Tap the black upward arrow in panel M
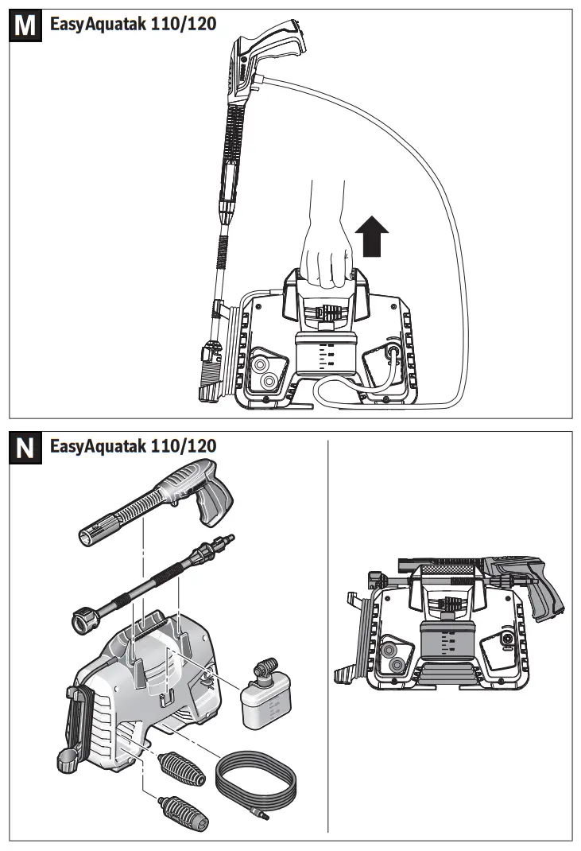[x=371, y=237]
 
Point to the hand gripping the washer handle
[x=326, y=247]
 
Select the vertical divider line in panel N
[x=328, y=636]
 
